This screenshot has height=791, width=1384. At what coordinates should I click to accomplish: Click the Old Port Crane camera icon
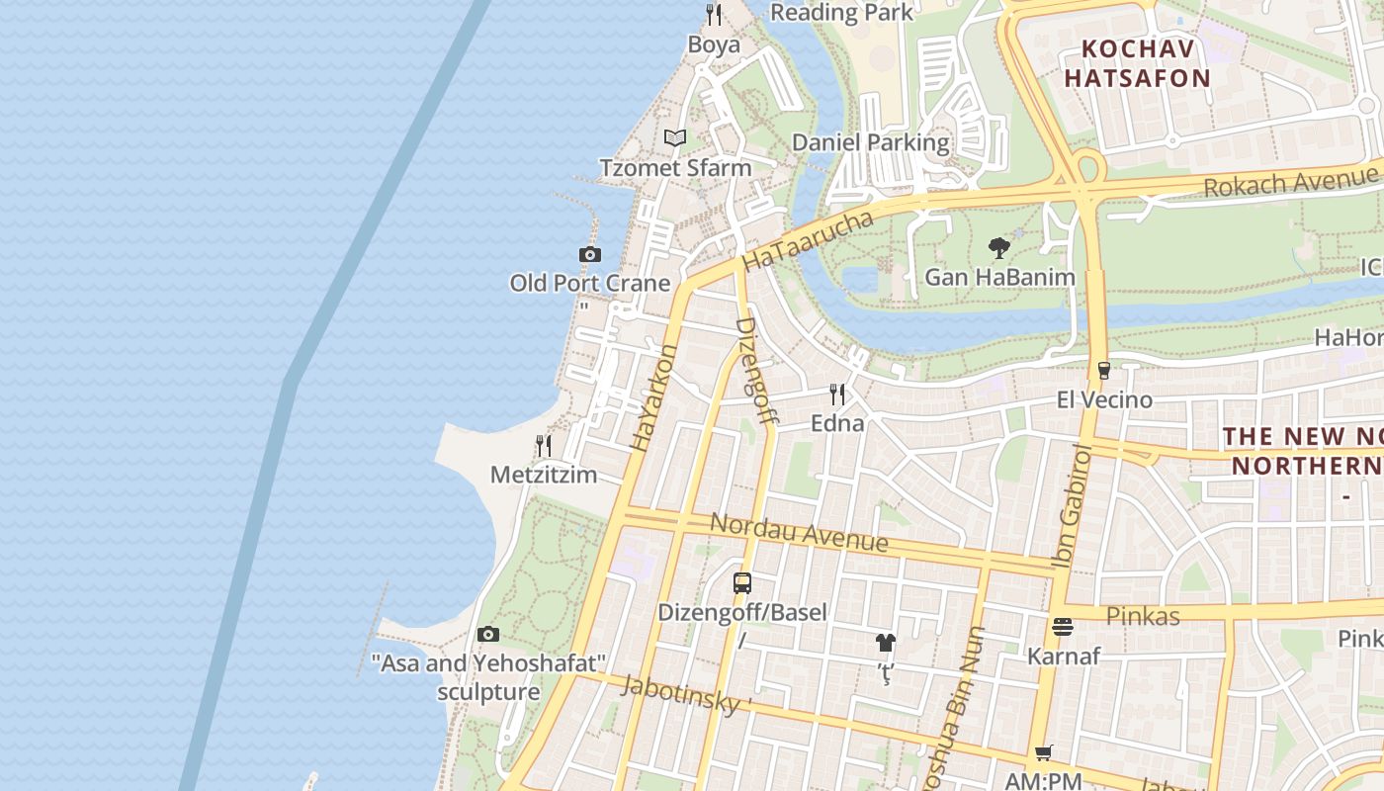point(590,255)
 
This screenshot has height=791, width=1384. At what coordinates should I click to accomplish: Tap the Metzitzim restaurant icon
point(544,446)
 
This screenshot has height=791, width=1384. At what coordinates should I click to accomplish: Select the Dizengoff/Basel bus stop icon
point(742,583)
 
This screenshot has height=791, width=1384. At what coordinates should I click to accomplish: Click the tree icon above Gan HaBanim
point(999,248)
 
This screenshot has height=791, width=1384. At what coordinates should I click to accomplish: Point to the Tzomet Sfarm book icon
point(675,138)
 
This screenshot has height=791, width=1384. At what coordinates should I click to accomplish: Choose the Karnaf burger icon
point(1063,627)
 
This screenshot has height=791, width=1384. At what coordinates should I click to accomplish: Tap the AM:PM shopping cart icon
point(1043,754)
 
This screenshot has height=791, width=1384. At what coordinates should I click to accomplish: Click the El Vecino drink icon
point(1104,371)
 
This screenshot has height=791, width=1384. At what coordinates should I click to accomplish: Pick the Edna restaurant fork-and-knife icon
point(837,395)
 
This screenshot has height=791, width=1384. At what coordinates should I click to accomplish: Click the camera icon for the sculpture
point(488,635)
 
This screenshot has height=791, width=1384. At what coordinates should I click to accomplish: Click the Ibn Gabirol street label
point(1074,506)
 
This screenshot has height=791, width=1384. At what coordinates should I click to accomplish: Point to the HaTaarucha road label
point(809,240)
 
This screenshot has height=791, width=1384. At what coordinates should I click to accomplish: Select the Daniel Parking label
point(871,142)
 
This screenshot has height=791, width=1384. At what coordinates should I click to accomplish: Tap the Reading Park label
point(841,13)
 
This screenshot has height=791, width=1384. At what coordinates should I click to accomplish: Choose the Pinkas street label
point(1143,616)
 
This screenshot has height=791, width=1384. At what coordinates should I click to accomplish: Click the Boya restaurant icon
point(714,15)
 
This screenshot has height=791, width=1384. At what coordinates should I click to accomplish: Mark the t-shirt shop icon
point(885,643)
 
